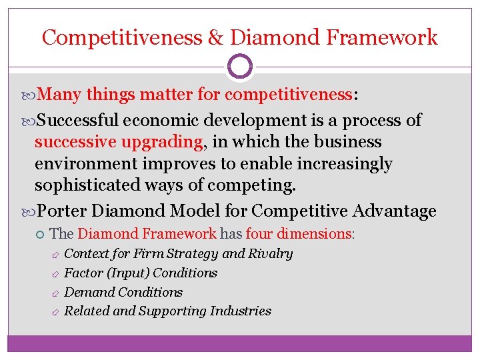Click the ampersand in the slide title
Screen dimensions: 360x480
215,37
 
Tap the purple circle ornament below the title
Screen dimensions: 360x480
240,67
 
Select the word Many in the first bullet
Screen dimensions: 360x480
62,95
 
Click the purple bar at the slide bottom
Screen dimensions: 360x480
240,343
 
